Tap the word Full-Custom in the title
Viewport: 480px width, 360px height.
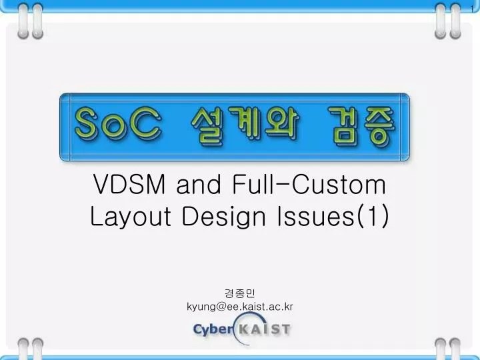pos(310,183)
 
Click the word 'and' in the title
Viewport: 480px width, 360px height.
pos(198,183)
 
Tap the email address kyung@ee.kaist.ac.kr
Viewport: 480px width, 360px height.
pos(240,306)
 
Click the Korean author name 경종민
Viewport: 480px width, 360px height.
pos(240,293)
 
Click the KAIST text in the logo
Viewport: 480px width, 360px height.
pos(265,329)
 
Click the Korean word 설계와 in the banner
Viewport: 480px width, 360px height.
pos(245,127)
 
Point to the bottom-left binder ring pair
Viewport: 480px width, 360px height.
pos(32,348)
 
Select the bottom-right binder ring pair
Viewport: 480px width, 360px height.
pos(447,348)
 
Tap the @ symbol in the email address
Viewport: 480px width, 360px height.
pos(217,307)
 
